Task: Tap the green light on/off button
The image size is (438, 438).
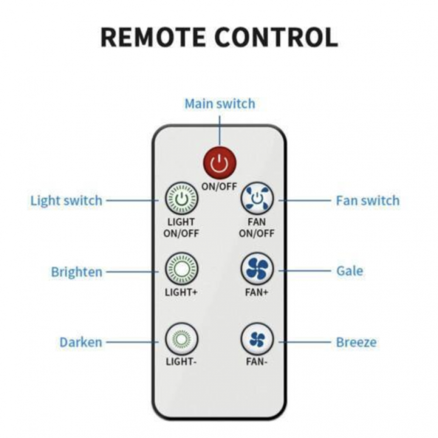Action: click(x=182, y=199)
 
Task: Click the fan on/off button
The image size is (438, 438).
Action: click(x=257, y=199)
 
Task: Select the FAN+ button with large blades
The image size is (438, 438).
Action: click(x=257, y=269)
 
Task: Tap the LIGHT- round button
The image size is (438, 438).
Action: click(x=182, y=339)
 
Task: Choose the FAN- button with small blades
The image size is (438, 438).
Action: click(x=257, y=339)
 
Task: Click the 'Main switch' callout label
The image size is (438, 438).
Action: click(x=220, y=104)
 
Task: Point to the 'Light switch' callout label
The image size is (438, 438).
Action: click(x=67, y=201)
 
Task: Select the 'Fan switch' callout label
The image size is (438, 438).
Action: click(x=367, y=201)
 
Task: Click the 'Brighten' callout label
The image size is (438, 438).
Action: click(x=76, y=272)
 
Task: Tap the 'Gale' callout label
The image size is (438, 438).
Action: click(x=350, y=271)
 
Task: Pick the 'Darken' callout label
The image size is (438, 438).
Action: click(x=81, y=342)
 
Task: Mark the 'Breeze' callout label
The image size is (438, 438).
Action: click(x=356, y=342)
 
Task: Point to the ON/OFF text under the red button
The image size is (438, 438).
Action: click(x=219, y=186)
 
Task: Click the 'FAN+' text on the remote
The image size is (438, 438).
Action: click(x=256, y=292)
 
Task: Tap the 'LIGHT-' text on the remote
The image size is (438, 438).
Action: click(x=182, y=362)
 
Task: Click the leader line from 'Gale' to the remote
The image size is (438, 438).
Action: click(x=305, y=271)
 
